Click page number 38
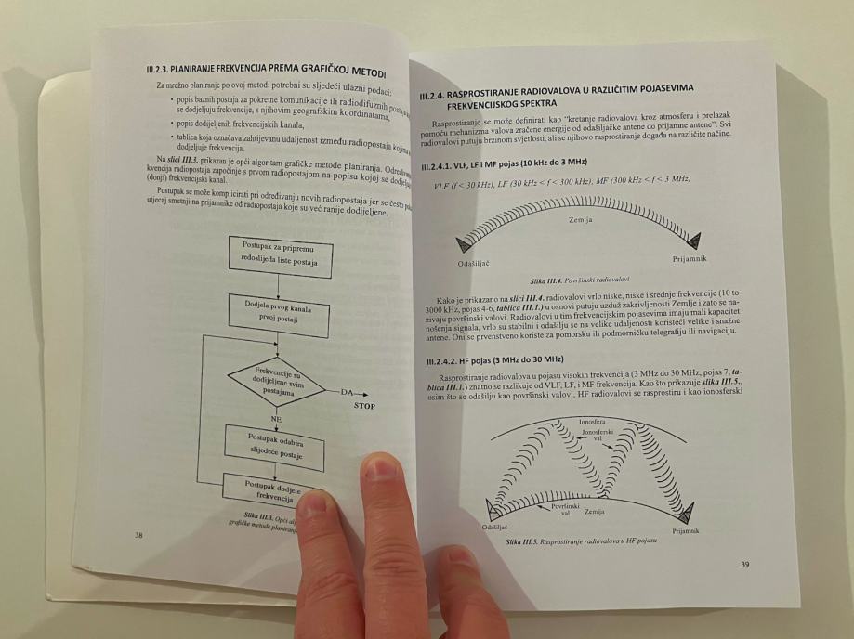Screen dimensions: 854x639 point(138,535)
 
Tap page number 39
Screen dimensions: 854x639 point(744,565)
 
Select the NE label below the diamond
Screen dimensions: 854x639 point(276,419)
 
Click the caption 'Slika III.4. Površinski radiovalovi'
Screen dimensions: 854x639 point(577,280)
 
